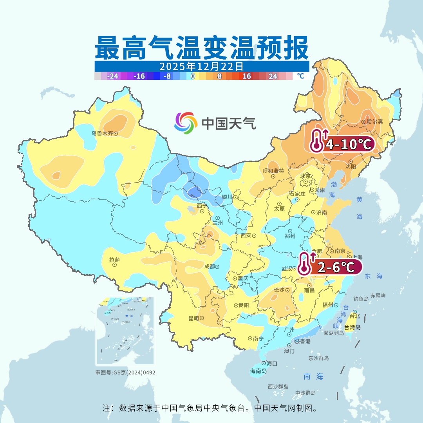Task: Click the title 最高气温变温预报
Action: tap(201, 47)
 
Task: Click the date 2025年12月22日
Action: tap(201, 66)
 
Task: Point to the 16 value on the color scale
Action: tap(246, 76)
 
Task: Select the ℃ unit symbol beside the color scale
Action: tap(300, 76)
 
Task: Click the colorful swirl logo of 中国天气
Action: tap(186, 123)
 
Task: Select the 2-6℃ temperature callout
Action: tap(336, 267)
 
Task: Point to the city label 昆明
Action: tap(193, 318)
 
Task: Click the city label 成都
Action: tap(210, 267)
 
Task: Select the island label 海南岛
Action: tap(258, 371)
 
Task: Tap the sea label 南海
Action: tap(313, 376)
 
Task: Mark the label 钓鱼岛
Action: tap(361, 298)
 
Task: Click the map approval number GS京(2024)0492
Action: tap(125, 372)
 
